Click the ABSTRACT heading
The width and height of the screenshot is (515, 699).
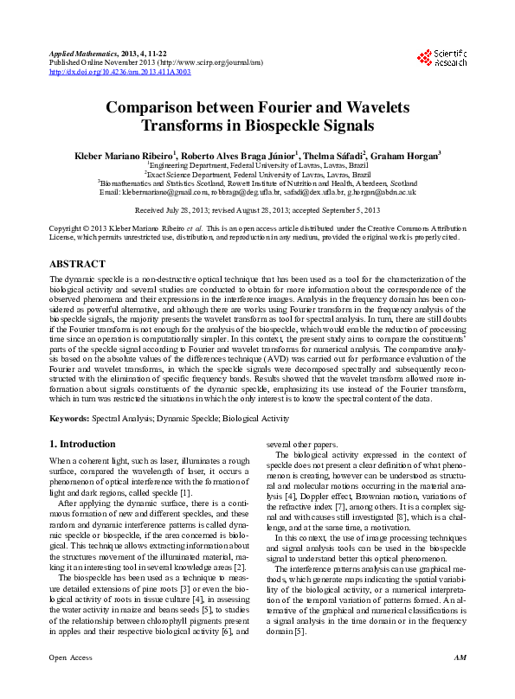(78, 263)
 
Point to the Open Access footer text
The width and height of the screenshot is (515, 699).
(69, 683)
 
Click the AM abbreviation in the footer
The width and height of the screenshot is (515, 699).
(459, 683)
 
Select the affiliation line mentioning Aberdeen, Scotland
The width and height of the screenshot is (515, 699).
(258, 183)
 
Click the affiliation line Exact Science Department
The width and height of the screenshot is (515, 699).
(258, 173)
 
